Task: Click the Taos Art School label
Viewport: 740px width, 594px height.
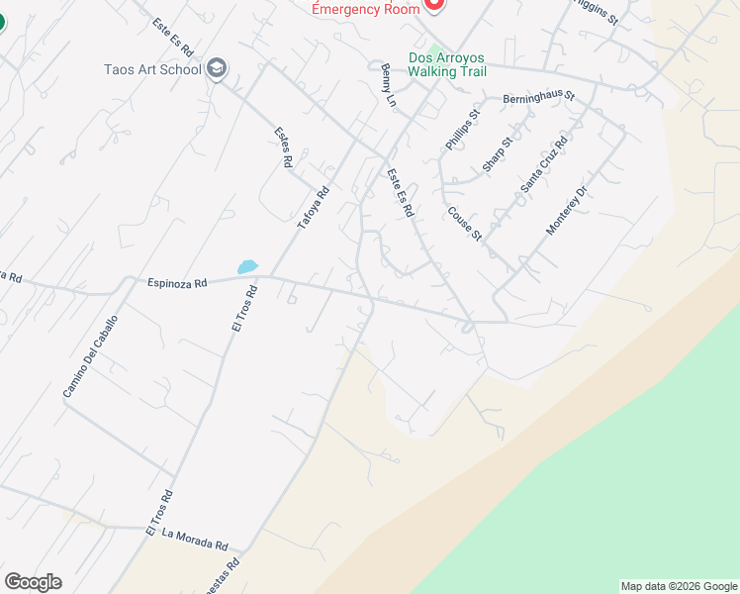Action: click(152, 69)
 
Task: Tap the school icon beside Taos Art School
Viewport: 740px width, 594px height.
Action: click(218, 69)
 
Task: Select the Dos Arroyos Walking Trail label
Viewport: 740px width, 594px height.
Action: click(448, 64)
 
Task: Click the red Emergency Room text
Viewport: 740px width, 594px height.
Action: click(365, 9)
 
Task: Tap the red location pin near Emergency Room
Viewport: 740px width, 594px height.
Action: click(433, 4)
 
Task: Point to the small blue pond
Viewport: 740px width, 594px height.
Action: click(247, 266)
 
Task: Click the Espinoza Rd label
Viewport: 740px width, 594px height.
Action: click(177, 282)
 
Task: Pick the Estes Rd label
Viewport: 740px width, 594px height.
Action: click(283, 148)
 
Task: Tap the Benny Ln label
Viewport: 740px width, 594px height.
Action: click(388, 86)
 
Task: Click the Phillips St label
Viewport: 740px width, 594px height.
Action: click(461, 130)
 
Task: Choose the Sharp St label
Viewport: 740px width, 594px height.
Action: click(498, 154)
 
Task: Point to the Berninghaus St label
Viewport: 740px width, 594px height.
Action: click(538, 99)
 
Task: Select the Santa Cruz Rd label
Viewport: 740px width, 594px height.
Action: click(544, 164)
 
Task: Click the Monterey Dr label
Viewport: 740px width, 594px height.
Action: click(567, 211)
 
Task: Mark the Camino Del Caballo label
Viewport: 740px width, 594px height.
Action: click(91, 356)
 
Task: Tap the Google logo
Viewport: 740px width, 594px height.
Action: click(33, 582)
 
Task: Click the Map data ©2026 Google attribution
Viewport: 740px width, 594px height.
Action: click(679, 586)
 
